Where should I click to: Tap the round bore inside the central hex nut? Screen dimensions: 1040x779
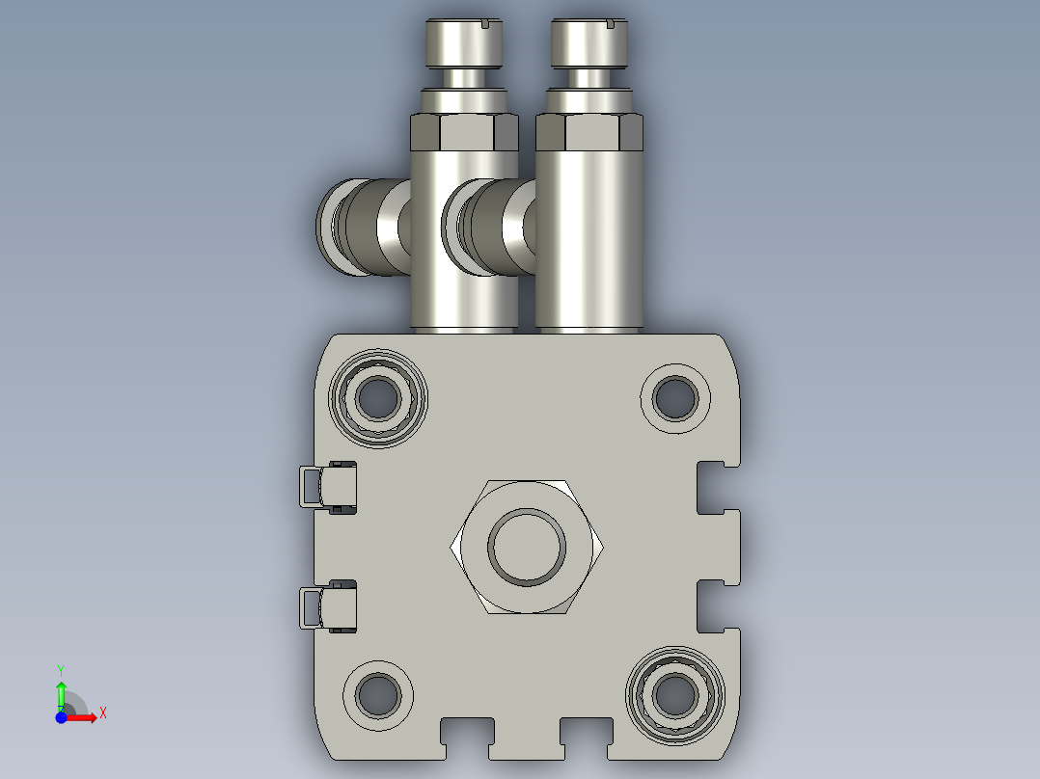(527, 547)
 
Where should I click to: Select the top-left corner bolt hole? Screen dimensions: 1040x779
(378, 398)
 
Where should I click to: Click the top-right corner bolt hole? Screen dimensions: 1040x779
(675, 398)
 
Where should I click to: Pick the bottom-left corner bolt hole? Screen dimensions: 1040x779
(378, 695)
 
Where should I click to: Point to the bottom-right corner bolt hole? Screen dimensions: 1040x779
(675, 695)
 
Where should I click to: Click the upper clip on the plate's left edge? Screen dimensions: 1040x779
(328, 487)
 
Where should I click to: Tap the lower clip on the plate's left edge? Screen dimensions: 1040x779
(328, 606)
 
